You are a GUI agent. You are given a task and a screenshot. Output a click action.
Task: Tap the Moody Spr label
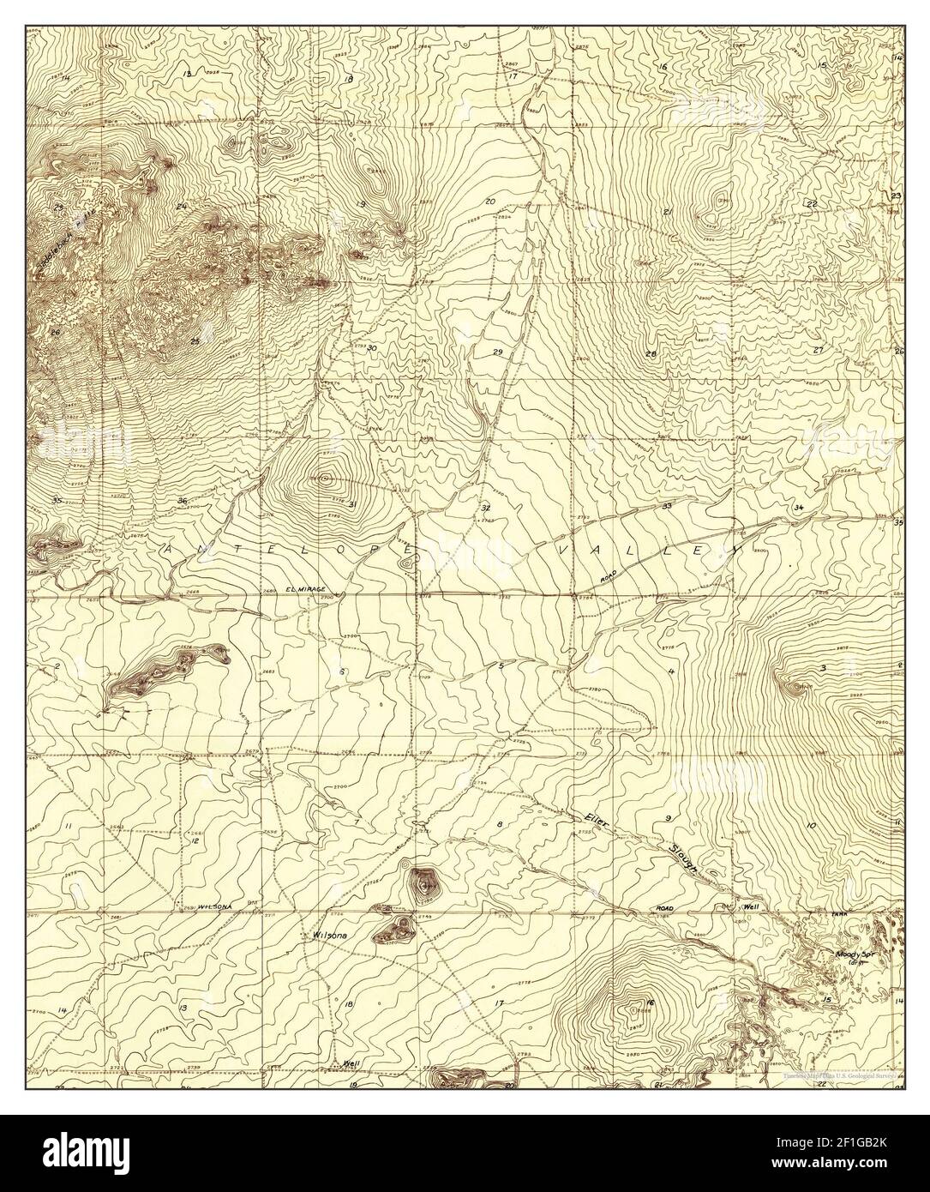coord(853,954)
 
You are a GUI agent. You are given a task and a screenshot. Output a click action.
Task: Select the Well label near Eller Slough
coord(752,906)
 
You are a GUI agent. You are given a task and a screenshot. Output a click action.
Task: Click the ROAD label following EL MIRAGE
coord(609,579)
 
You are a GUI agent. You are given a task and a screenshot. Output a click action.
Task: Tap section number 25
coord(195,341)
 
